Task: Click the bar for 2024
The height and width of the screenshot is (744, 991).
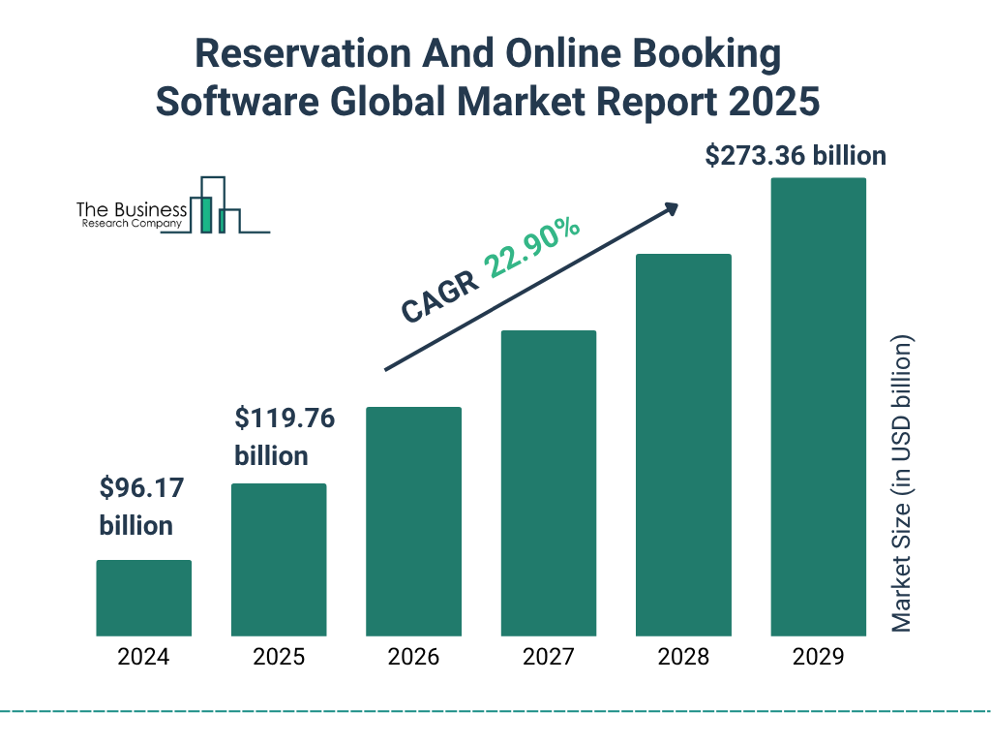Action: click(143, 598)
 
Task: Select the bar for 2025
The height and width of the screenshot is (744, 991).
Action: click(279, 560)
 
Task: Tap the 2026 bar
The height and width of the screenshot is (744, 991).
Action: click(413, 521)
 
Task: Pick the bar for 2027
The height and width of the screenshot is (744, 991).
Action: click(548, 483)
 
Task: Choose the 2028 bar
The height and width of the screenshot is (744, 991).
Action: click(683, 445)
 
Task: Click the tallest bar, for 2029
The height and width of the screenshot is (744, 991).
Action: click(818, 407)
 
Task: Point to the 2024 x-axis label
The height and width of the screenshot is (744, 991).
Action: click(143, 657)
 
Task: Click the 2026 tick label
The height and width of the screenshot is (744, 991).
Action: click(413, 657)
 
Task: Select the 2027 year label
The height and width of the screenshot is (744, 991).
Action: click(548, 657)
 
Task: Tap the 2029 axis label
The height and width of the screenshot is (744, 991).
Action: click(818, 657)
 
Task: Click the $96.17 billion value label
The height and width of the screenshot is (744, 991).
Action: click(136, 507)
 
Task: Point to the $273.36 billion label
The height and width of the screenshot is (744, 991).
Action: click(796, 155)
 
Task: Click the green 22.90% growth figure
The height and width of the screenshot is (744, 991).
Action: click(532, 248)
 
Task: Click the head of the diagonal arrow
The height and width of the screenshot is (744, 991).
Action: click(671, 207)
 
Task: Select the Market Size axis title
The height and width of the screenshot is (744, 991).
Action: click(902, 483)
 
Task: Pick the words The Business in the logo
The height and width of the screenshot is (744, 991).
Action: click(132, 210)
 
